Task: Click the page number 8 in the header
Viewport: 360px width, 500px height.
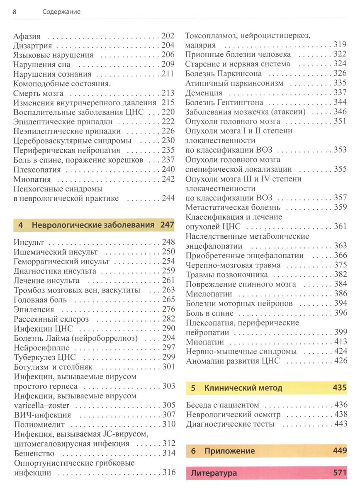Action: click(15, 12)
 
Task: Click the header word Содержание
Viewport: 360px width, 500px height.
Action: click(61, 12)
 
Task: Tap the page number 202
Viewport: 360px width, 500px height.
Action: click(168, 36)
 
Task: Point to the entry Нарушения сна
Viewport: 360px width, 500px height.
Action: click(41, 65)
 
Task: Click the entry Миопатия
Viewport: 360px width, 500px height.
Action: click(32, 180)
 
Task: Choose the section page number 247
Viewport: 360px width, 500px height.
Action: click(167, 225)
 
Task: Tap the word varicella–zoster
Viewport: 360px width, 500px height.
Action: click(41, 405)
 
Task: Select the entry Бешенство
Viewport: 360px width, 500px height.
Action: click(34, 453)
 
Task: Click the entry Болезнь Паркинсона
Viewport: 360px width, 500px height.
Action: click(224, 73)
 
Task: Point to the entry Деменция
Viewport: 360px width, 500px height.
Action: click(204, 92)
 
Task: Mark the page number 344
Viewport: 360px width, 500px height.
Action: click(340, 102)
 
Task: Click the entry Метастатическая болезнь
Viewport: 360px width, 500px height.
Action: click(233, 207)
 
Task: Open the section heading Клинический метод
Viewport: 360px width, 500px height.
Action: click(243, 388)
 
